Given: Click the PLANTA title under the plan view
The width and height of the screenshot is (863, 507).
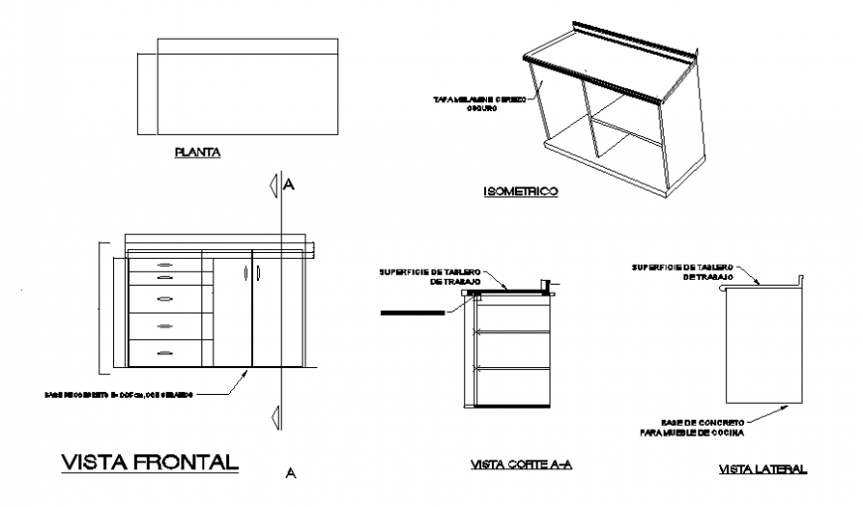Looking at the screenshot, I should tap(196, 153).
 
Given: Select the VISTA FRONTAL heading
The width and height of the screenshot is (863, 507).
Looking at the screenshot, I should tap(150, 462).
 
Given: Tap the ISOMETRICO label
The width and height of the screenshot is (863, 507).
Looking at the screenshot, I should tap(520, 190).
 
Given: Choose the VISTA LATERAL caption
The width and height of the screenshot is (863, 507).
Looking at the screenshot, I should tap(762, 469).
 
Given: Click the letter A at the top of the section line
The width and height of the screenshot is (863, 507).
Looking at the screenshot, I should tap(290, 185).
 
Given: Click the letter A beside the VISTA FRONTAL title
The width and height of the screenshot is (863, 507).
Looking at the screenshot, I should tap(290, 473).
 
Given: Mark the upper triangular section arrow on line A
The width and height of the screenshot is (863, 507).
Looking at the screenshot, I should tap(273, 186).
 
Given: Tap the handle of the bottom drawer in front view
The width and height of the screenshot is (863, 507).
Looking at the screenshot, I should tap(165, 352).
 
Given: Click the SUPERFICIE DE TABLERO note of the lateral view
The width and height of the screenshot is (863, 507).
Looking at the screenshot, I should tap(683, 271).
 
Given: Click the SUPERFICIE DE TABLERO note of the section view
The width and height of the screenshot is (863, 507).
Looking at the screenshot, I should tap(430, 276).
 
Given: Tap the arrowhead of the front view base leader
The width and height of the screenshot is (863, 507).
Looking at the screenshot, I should tap(247, 371).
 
